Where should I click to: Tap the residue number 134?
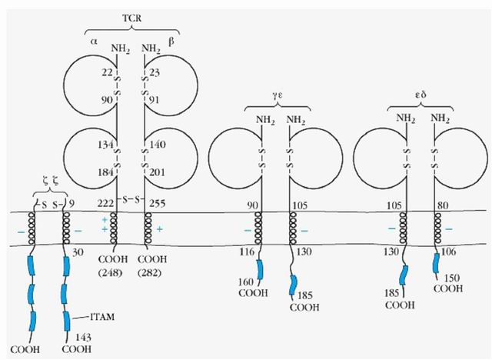coord(107,145)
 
